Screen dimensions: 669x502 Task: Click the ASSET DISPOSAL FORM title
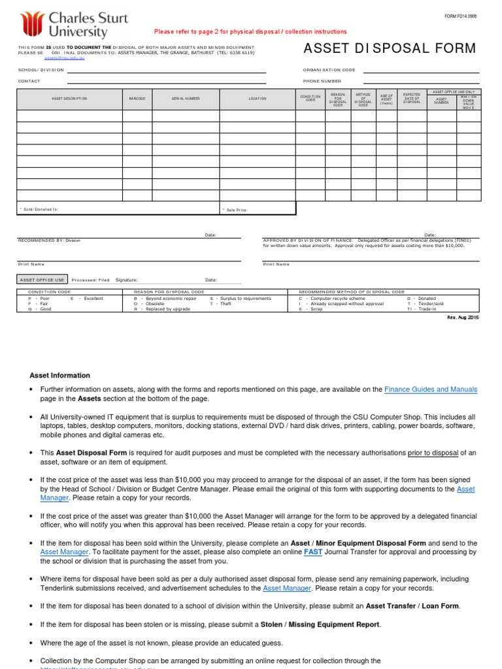point(390,49)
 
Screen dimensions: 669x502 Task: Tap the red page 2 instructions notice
point(250,32)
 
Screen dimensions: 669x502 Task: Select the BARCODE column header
point(137,99)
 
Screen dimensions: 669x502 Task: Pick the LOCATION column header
point(258,99)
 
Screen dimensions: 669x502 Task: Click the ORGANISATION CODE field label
point(329,70)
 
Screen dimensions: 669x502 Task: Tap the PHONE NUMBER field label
point(322,82)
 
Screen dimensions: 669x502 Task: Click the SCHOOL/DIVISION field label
point(41,70)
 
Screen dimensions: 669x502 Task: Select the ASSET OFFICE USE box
point(42,280)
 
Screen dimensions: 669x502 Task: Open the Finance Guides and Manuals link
point(431,389)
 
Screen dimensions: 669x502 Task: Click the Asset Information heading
point(60,376)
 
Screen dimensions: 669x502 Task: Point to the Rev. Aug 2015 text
point(463,316)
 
